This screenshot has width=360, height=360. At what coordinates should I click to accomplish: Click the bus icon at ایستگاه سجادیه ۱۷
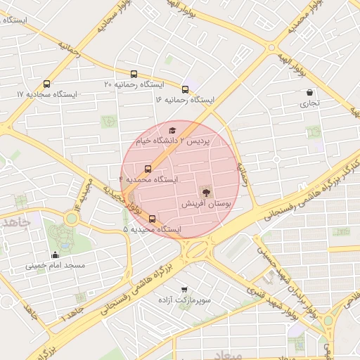tap(47, 84)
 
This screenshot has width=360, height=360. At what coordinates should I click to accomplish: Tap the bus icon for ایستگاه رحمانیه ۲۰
tap(134, 74)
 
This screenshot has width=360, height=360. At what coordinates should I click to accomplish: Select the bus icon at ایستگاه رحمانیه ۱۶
tap(185, 89)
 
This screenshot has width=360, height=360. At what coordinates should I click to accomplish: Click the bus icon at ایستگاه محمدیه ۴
tap(148, 169)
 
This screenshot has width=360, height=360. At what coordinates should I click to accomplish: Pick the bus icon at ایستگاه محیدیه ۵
tap(153, 219)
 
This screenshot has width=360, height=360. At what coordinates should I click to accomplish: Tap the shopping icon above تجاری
tap(310, 92)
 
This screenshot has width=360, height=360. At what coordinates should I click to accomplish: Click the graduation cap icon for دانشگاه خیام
tap(172, 130)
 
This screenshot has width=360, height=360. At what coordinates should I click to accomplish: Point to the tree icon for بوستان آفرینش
tap(205, 191)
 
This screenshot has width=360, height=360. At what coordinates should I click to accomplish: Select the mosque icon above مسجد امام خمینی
tap(55, 255)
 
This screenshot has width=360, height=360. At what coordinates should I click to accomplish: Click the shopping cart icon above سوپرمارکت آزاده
tap(184, 290)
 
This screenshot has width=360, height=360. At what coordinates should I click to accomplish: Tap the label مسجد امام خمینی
tap(56, 266)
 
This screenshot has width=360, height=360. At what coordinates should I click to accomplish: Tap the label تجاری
tap(310, 103)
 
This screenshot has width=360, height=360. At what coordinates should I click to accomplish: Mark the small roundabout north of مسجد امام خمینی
tap(70, 219)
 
